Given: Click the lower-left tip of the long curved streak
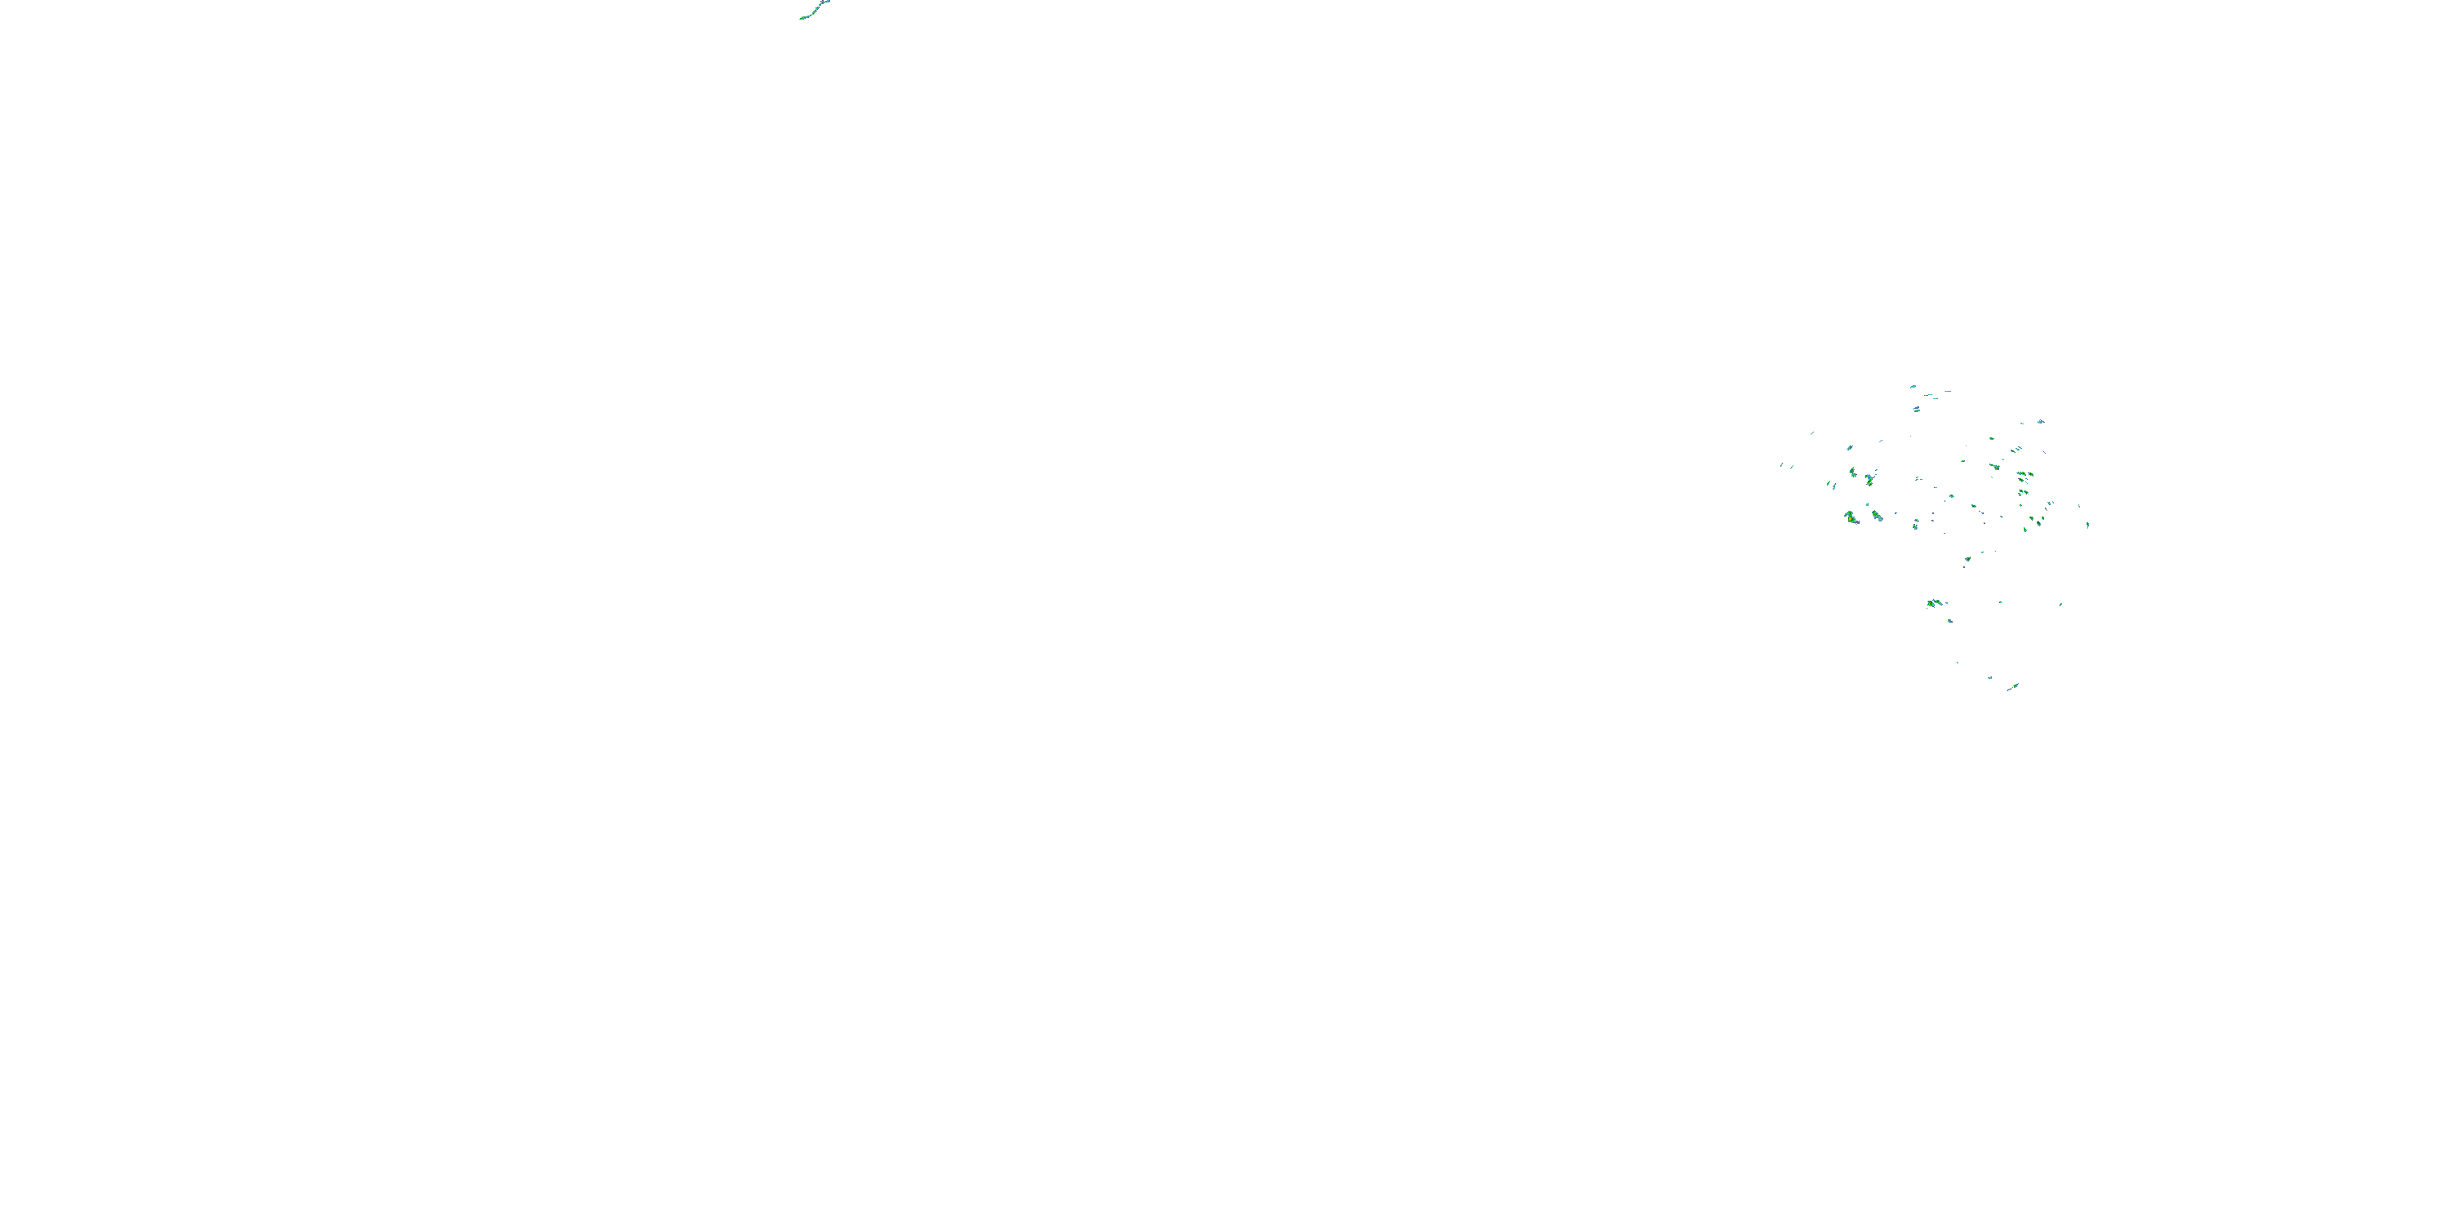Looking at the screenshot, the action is click(x=802, y=18).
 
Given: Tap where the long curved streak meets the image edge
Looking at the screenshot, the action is click(x=827, y=1).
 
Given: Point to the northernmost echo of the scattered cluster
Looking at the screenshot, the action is click(x=1913, y=387).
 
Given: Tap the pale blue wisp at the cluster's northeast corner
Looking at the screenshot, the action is click(x=2040, y=421).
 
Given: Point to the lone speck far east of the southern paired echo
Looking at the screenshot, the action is click(x=2061, y=604).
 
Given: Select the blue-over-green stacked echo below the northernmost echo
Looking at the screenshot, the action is click(x=1918, y=410).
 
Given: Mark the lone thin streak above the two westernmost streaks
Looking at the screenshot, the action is click(x=1812, y=433).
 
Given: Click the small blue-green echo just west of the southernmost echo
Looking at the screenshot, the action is click(x=1990, y=677).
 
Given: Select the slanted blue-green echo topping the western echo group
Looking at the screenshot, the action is click(x=1849, y=448).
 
